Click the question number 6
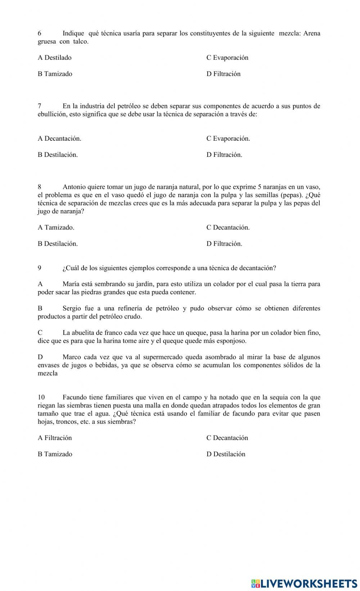40,33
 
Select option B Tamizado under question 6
55,74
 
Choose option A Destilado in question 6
55,58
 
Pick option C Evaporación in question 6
227,58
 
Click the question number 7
40,106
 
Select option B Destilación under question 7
58,155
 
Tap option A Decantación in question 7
59,138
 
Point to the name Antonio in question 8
74,187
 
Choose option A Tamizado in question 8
56,227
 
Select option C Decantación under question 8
228,227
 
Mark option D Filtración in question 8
224,244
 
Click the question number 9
40,268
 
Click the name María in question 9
71,284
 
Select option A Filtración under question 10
55,438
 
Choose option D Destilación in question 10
226,454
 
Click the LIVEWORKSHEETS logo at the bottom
304,583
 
